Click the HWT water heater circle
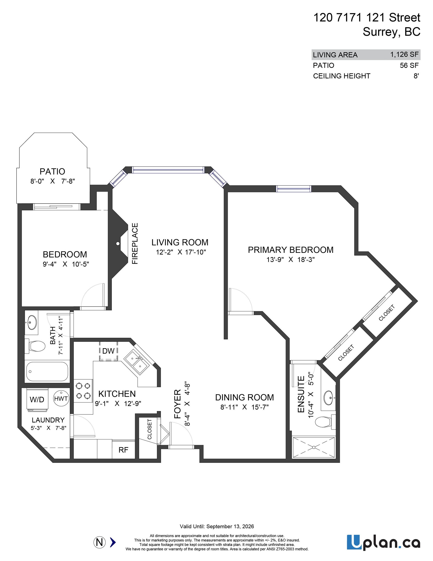coord(61,398)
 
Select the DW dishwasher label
coord(108,351)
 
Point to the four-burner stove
coord(83,391)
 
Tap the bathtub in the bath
coord(47,371)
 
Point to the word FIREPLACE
coord(135,243)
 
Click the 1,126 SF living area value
coord(404,55)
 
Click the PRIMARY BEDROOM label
coord(290,250)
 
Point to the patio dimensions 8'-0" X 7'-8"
coord(53,181)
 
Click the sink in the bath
coord(32,322)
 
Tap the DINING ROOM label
coord(244,397)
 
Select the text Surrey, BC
coord(391,32)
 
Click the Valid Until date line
coord(217,526)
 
